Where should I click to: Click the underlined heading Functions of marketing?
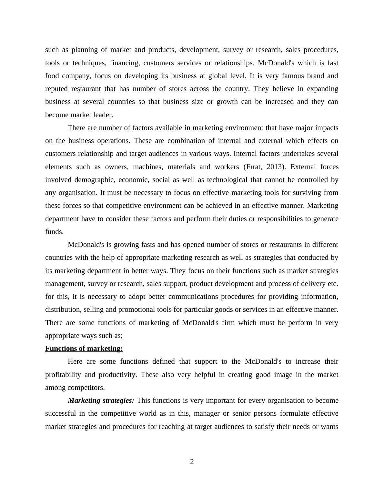(84, 349)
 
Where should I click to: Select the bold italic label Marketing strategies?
(101, 401)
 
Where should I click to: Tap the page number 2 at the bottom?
(192, 462)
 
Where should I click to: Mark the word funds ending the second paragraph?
(54, 232)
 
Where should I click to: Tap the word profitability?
(63, 375)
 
